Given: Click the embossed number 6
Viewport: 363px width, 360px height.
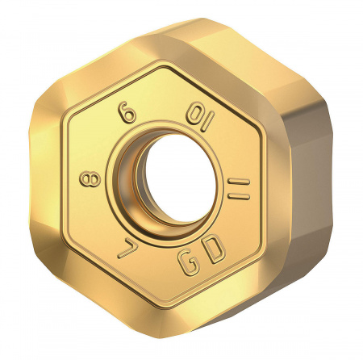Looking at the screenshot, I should click(127, 113).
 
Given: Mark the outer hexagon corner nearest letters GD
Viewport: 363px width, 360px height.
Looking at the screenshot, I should click(234, 323).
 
